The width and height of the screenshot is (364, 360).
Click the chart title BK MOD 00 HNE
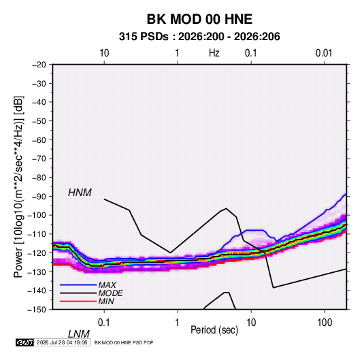[x=199, y=19]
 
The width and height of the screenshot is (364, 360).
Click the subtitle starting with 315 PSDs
[x=199, y=37]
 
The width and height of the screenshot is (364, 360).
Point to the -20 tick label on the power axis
[x=39, y=65]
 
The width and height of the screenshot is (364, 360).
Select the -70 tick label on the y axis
[x=39, y=159]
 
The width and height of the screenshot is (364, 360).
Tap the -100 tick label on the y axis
[x=37, y=215]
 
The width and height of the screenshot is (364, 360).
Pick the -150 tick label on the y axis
[x=37, y=310]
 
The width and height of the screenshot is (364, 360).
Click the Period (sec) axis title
[x=214, y=330]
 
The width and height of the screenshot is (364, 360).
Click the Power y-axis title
[x=18, y=187]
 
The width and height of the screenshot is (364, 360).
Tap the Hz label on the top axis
[x=214, y=53]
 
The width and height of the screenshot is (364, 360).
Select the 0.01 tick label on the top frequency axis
[x=324, y=53]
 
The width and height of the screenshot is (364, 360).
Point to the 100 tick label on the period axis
[x=325, y=323]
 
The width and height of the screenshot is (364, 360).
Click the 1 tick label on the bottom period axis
[x=178, y=323]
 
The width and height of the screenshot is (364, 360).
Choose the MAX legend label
[x=107, y=285]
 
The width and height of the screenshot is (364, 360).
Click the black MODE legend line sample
[x=78, y=293]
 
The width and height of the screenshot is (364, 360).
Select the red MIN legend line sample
[x=78, y=301]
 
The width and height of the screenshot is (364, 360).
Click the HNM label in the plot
[x=80, y=193]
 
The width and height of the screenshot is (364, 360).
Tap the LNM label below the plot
[x=79, y=334]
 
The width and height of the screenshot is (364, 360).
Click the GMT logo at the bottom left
[x=25, y=342]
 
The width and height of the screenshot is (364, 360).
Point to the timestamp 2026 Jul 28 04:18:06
[x=62, y=342]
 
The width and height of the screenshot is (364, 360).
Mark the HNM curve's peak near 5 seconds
[x=226, y=208]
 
